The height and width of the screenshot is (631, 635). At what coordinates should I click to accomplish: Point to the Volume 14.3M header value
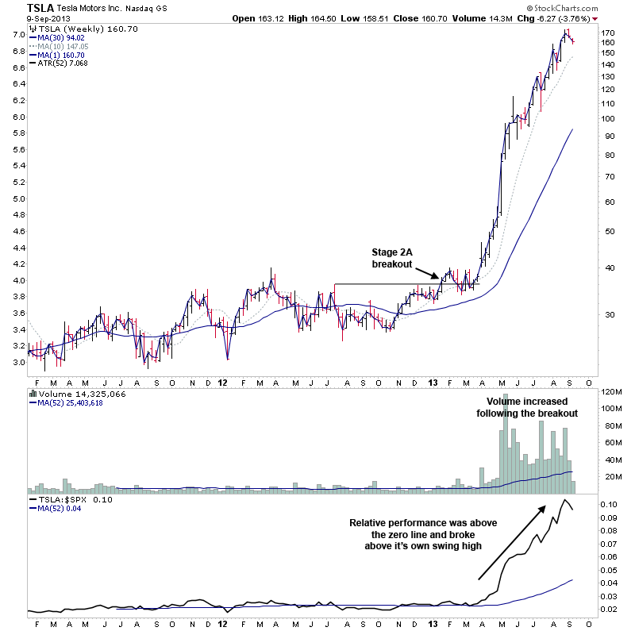[x=504, y=17]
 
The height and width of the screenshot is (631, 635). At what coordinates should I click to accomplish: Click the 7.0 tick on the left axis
[x=17, y=34]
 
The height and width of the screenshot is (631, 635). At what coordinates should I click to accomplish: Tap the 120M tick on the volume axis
[x=611, y=392]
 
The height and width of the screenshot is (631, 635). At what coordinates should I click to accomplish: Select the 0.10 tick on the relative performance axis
[x=610, y=505]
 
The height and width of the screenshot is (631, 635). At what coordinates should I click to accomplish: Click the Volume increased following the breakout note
[x=527, y=407]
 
